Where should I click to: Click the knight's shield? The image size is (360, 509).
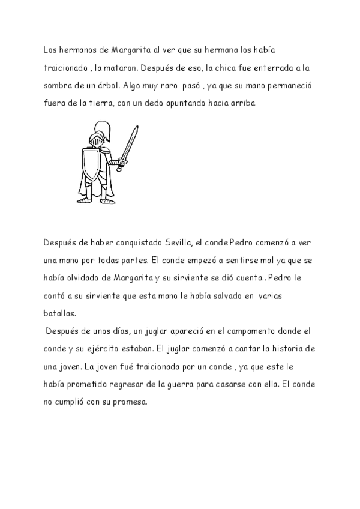(91, 160)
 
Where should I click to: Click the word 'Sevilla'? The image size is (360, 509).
(179, 242)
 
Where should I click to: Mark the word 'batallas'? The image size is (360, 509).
(60, 313)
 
